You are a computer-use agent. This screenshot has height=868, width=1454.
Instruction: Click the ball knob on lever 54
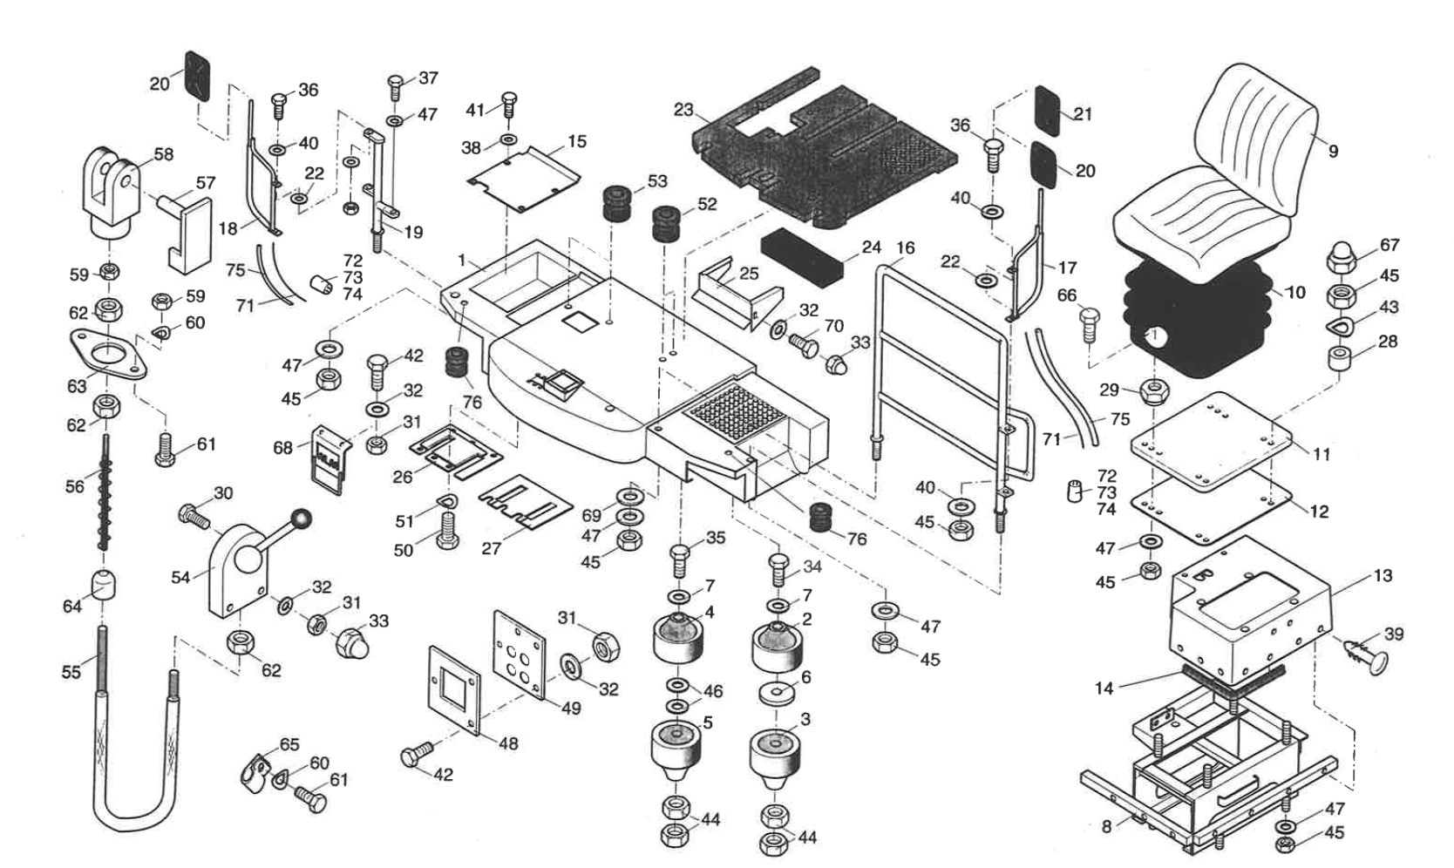(x=300, y=520)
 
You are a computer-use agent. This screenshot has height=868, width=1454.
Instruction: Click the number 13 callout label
(x=1383, y=575)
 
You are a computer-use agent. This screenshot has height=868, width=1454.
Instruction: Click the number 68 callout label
(x=282, y=449)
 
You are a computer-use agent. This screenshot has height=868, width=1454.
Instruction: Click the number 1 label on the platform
(x=462, y=261)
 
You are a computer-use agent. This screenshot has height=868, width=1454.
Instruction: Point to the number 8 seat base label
(x=1106, y=826)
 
